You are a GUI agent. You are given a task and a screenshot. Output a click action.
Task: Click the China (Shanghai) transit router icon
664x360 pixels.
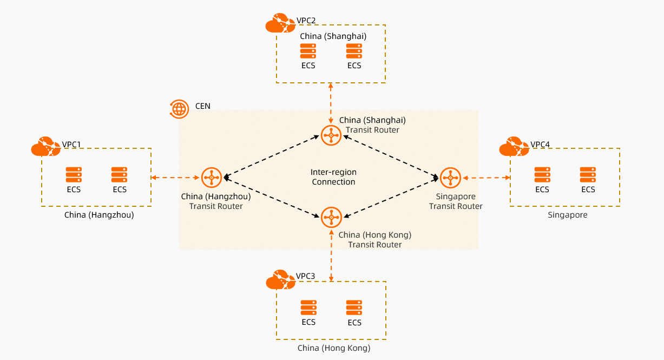point(331,135)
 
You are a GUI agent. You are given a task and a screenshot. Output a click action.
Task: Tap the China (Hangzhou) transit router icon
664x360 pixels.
point(211,178)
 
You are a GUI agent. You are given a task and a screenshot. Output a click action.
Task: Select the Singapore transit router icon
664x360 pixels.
point(450,178)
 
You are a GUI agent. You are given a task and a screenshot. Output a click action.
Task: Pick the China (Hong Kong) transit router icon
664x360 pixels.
point(331,217)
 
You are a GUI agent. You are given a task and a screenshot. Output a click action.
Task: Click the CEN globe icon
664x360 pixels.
point(179,108)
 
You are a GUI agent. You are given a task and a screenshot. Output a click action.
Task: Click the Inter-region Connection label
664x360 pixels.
point(333,177)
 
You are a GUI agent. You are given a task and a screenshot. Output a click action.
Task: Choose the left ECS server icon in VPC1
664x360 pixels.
point(74,175)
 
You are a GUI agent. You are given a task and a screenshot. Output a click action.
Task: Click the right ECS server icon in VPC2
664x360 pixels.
point(354,51)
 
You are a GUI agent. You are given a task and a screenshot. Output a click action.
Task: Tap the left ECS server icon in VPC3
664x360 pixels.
point(308,307)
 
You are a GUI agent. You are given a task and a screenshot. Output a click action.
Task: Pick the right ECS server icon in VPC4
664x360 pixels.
point(588,175)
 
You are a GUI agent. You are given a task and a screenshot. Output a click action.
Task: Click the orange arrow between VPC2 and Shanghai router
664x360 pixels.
point(331,103)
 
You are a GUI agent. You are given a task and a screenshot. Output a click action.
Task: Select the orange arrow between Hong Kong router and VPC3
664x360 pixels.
point(331,253)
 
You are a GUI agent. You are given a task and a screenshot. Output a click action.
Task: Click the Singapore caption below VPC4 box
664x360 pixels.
point(567,215)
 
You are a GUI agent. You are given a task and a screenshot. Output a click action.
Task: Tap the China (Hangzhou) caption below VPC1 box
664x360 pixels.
point(99,215)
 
